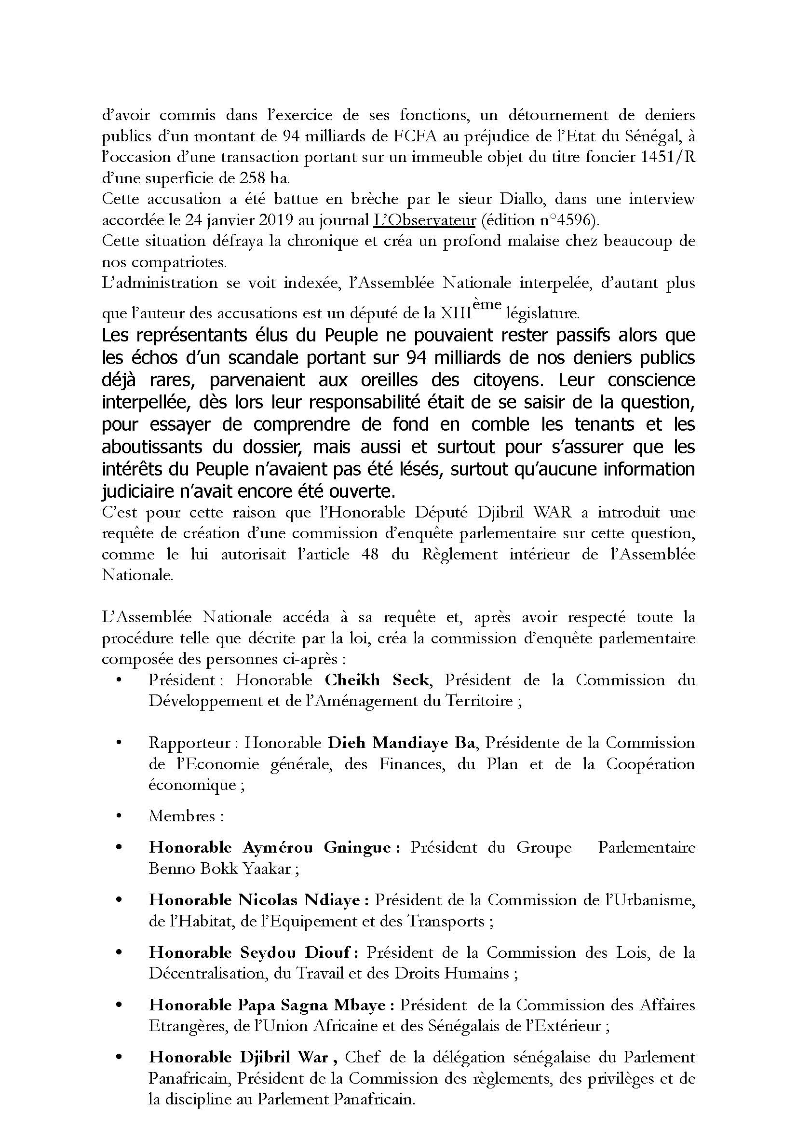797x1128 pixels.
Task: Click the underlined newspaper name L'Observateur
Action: click(424, 220)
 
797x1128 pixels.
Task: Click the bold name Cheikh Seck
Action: click(377, 680)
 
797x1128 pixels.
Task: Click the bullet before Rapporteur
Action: click(118, 743)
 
